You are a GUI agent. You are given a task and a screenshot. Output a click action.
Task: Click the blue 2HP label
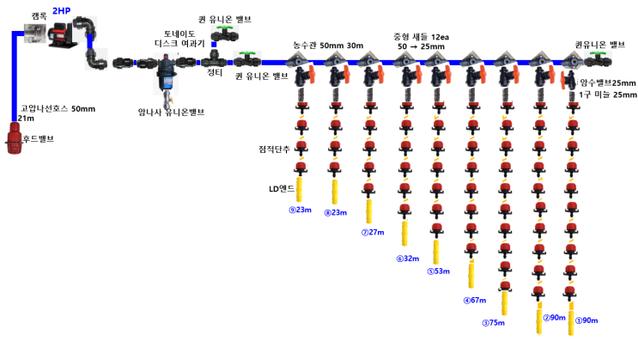61,11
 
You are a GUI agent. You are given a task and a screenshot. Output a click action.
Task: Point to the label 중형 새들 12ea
422,37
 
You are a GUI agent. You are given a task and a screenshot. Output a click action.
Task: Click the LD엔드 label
279,186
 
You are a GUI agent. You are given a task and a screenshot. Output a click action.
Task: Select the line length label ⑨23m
300,210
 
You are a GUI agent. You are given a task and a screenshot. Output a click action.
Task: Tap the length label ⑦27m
373,233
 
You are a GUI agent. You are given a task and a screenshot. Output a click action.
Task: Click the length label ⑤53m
440,272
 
